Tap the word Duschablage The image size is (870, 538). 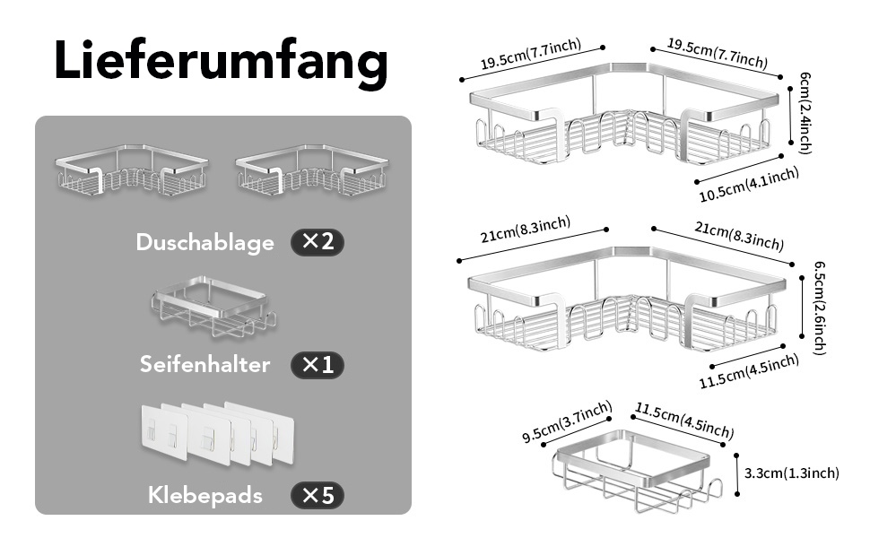(x=205, y=243)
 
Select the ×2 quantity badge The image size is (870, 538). (x=318, y=242)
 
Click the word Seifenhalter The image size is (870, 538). (x=204, y=364)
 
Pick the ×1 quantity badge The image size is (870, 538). (x=318, y=365)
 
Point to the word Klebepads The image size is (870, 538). (x=205, y=495)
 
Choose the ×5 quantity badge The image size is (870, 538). (x=318, y=495)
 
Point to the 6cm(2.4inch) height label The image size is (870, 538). (x=805, y=113)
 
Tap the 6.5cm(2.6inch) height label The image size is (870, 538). (x=819, y=308)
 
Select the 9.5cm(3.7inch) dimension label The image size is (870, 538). (x=567, y=422)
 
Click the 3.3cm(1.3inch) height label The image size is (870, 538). (x=791, y=473)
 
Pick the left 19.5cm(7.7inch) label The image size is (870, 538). (x=531, y=54)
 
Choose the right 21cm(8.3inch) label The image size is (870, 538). (x=739, y=236)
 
